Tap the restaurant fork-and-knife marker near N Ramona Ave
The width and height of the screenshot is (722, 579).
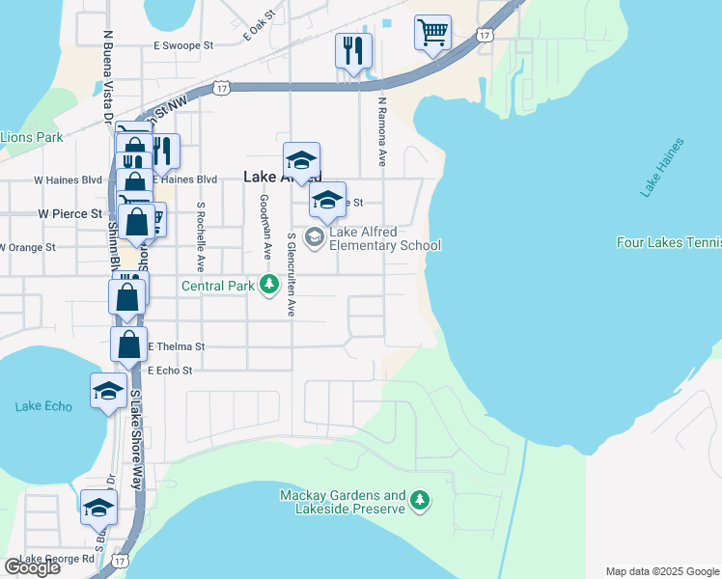pyautogui.click(x=353, y=49)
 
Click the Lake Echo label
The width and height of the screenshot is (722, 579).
pyautogui.click(x=43, y=406)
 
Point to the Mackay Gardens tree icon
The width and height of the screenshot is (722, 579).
pyautogui.click(x=419, y=500)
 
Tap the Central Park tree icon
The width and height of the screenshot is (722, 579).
pyautogui.click(x=269, y=285)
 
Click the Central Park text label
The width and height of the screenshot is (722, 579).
pyautogui.click(x=218, y=286)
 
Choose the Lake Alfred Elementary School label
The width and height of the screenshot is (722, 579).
pyautogui.click(x=384, y=238)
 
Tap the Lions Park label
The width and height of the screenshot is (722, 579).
pyautogui.click(x=32, y=137)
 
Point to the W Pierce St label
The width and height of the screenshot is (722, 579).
pyautogui.click(x=69, y=213)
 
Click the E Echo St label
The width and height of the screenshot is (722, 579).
pyautogui.click(x=171, y=370)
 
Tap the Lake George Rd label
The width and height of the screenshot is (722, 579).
pyautogui.click(x=57, y=559)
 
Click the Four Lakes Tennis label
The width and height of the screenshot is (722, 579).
pyautogui.click(x=669, y=243)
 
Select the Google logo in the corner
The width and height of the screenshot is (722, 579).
pyautogui.click(x=32, y=567)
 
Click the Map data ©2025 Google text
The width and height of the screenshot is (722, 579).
pyautogui.click(x=662, y=571)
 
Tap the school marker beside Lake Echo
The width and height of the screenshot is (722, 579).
pyautogui.click(x=108, y=391)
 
